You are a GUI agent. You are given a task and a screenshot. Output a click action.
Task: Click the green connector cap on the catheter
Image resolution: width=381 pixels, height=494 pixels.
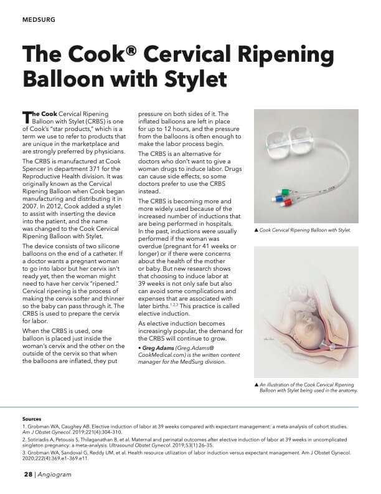tap(284, 192)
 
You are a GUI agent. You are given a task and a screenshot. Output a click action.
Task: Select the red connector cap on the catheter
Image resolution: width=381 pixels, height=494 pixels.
tap(288, 203)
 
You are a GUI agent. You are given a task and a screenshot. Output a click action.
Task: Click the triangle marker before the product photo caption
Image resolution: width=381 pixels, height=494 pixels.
tap(256, 231)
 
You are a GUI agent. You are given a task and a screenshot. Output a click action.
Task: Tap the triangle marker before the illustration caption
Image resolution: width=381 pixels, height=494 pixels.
tap(256, 385)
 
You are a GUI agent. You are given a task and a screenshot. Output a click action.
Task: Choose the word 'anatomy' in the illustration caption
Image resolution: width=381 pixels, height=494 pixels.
tap(346, 391)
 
